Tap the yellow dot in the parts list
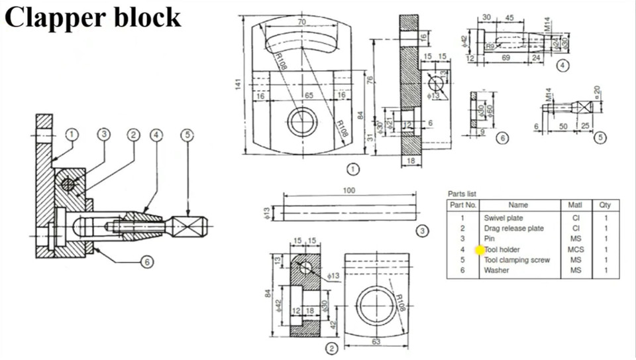click(x=480, y=249)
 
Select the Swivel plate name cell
click(x=503, y=217)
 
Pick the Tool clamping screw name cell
click(x=516, y=260)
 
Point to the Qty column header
click(x=605, y=206)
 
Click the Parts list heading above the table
click(x=462, y=194)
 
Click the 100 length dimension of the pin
click(x=350, y=190)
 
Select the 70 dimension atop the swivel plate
click(x=301, y=22)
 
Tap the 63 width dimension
click(x=376, y=342)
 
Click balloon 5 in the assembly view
click(x=188, y=135)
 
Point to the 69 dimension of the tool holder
click(x=505, y=59)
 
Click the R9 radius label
click(x=490, y=46)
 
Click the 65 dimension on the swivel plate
click(x=309, y=95)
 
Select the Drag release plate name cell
click(x=513, y=228)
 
